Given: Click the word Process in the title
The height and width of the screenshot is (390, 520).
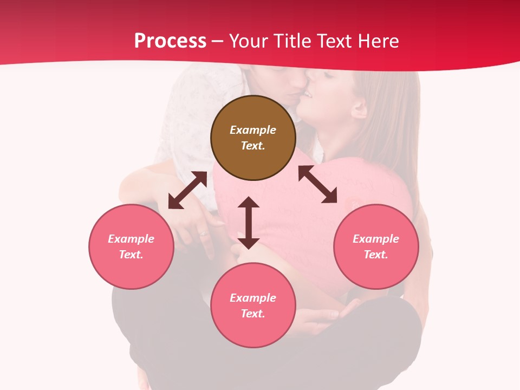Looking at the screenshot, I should (x=170, y=41).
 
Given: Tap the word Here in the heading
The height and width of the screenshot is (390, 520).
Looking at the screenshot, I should (x=378, y=41).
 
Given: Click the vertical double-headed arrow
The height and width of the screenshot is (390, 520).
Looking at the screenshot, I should (x=249, y=223).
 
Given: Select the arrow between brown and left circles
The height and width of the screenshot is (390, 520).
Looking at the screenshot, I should (x=187, y=190).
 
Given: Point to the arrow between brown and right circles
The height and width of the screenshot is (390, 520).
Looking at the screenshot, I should (x=317, y=184).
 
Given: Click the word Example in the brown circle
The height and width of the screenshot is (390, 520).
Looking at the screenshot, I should (x=253, y=130).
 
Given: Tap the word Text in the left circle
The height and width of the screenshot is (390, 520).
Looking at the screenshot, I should (x=131, y=255).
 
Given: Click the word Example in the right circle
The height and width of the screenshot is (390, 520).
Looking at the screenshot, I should (x=376, y=239).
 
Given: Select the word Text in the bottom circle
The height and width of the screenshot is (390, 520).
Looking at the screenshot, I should (x=253, y=314).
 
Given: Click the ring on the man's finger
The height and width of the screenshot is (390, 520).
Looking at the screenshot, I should (x=203, y=234).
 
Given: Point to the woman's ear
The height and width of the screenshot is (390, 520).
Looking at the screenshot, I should (x=358, y=108).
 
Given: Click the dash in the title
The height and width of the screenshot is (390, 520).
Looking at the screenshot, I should (x=218, y=41).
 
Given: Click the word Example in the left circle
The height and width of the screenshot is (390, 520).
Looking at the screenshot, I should (x=131, y=239).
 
